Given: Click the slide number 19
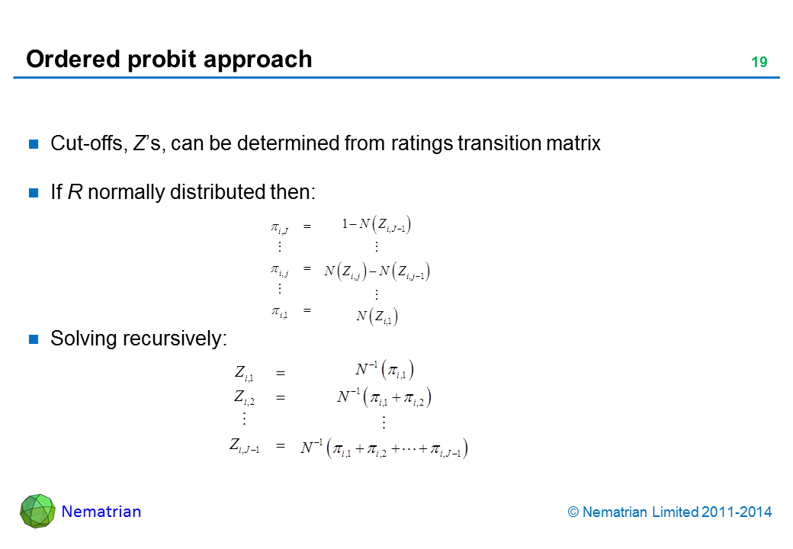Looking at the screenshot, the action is pyautogui.click(x=759, y=63).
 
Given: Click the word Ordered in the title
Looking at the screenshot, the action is pyautogui.click(x=73, y=59).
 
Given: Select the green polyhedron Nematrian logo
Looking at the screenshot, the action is pyautogui.click(x=37, y=511).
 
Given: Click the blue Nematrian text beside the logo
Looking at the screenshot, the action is pyautogui.click(x=101, y=512).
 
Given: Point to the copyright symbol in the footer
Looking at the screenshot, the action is pyautogui.click(x=573, y=512).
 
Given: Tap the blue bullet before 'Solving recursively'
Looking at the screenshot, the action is pyautogui.click(x=34, y=339).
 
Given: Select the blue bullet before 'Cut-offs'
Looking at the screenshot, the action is pyautogui.click(x=34, y=144).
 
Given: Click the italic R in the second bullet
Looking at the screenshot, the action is pyautogui.click(x=75, y=192).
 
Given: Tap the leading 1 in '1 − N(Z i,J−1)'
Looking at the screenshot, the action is pyautogui.click(x=345, y=223).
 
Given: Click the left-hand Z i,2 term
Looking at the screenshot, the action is pyautogui.click(x=244, y=397).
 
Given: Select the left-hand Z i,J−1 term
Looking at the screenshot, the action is pyautogui.click(x=244, y=445).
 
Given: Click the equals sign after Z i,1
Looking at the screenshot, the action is pyautogui.click(x=281, y=374).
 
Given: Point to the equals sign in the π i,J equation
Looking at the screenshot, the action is pyautogui.click(x=307, y=226).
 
